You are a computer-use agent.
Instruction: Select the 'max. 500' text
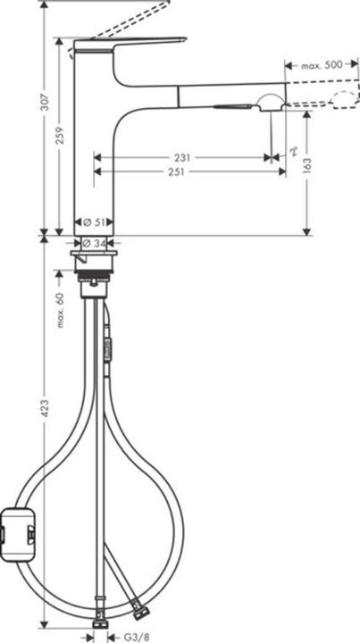[x=322, y=65]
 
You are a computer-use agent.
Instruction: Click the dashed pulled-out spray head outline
[x=343, y=98]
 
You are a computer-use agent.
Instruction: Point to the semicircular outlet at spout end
[x=269, y=101]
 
